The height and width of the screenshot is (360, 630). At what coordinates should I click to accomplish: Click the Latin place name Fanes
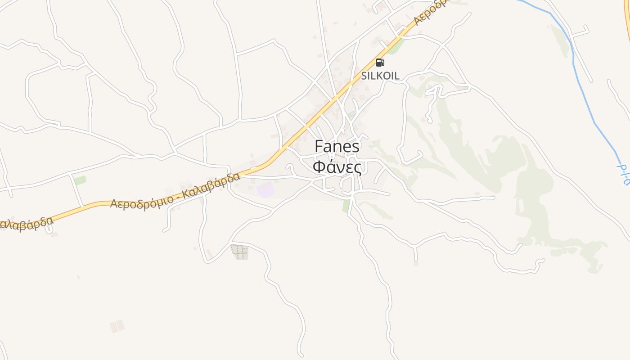(x=337, y=146)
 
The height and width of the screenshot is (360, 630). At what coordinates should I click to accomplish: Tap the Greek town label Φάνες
(x=337, y=167)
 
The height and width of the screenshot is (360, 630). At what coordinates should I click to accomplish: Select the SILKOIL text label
(x=380, y=76)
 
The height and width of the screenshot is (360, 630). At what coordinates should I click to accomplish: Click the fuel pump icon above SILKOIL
(x=380, y=63)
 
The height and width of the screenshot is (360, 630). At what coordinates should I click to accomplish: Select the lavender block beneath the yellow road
(x=265, y=189)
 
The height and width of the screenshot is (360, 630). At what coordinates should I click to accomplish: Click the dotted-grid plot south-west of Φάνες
(x=240, y=252)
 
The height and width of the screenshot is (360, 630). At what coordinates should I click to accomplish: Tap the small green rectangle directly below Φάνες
(x=346, y=206)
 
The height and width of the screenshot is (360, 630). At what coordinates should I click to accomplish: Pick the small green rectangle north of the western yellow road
(x=80, y=180)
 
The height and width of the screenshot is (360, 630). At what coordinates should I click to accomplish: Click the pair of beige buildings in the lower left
(x=117, y=326)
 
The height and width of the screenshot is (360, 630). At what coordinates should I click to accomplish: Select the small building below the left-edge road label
(x=54, y=234)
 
